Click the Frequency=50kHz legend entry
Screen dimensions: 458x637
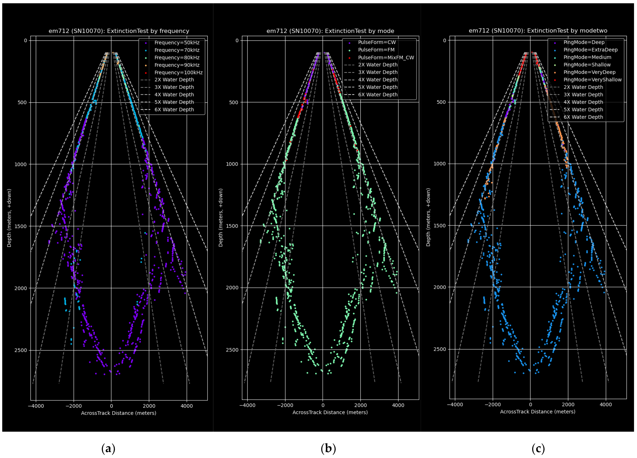tap(177, 43)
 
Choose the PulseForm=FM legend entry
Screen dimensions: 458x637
tap(376, 50)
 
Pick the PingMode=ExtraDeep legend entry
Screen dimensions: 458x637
tap(590, 50)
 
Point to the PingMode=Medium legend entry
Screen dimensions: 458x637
tap(587, 57)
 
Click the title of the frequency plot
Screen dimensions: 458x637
tap(119, 31)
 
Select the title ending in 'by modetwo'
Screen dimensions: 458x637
tap(538, 31)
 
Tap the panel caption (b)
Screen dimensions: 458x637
tap(328, 448)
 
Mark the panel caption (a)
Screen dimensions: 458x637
tap(108, 448)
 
